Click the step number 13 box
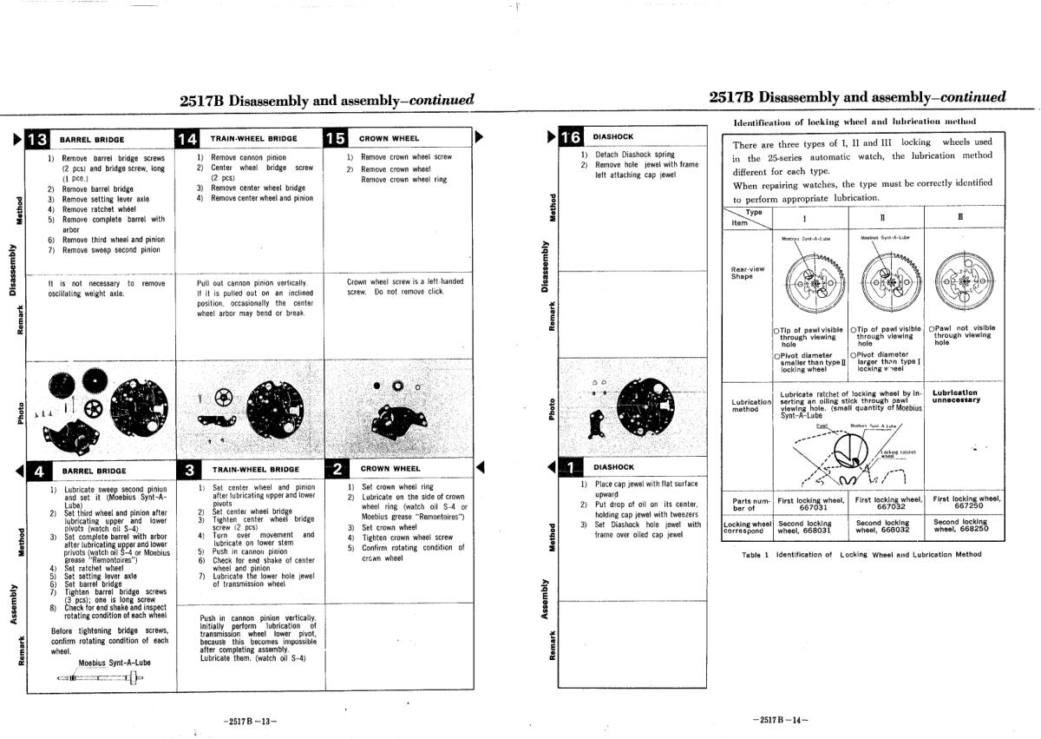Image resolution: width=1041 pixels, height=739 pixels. pos(39,139)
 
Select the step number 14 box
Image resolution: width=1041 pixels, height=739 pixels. pos(187,139)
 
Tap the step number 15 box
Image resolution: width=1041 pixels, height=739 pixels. pos(335,139)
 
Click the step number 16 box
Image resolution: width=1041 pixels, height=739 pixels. pos(571,137)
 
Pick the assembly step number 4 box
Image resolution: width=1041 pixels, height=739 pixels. pos(39,471)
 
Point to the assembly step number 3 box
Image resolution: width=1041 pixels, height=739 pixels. pos(189,470)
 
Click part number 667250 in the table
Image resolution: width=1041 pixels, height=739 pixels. pos(966,507)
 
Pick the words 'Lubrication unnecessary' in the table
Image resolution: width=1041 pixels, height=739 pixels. pos(956,396)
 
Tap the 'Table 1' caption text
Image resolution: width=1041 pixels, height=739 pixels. pos(862,553)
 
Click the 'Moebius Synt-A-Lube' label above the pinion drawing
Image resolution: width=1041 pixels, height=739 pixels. pos(115,663)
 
